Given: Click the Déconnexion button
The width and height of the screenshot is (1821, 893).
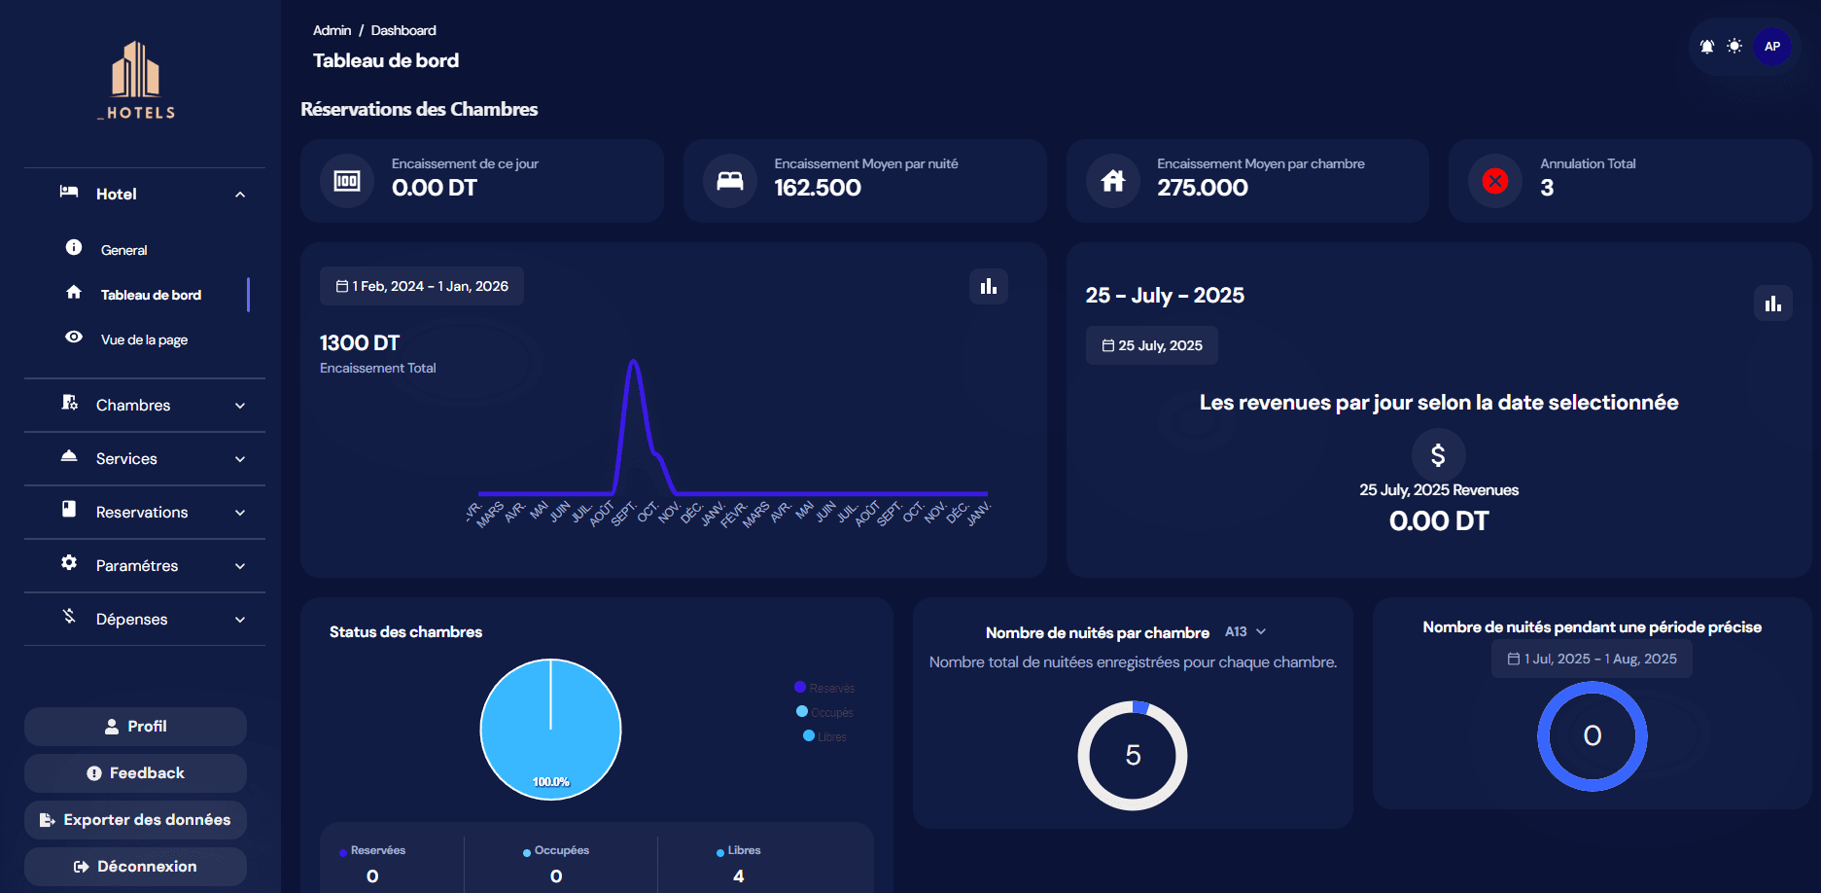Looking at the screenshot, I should pyautogui.click(x=135, y=866).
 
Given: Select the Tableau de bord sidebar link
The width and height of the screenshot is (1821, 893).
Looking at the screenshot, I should pyautogui.click(x=151, y=295).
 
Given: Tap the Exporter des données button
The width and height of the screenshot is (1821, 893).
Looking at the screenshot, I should pyautogui.click(x=135, y=819).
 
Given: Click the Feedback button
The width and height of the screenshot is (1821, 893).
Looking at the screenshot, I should pyautogui.click(x=135, y=772).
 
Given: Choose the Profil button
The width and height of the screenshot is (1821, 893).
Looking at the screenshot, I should pyautogui.click(x=135, y=726).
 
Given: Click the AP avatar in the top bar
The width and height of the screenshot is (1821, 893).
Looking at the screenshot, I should pyautogui.click(x=1771, y=46).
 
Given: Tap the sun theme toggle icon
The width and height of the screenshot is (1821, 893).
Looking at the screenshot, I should pyautogui.click(x=1734, y=46).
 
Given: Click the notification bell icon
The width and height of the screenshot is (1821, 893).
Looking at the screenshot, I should pyautogui.click(x=1707, y=46).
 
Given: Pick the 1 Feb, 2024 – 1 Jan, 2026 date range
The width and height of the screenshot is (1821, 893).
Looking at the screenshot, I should pyautogui.click(x=422, y=286).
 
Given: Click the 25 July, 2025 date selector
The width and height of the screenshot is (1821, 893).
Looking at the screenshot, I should pyautogui.click(x=1152, y=345).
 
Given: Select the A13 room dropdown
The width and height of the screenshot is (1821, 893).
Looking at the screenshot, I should pyautogui.click(x=1245, y=631).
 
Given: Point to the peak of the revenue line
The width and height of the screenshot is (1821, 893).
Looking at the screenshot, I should pyautogui.click(x=634, y=362).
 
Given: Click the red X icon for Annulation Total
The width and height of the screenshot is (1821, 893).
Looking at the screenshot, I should pyautogui.click(x=1495, y=181).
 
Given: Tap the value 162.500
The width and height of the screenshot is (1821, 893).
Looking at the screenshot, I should pyautogui.click(x=818, y=188).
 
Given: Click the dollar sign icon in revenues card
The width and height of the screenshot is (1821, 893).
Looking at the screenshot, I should pyautogui.click(x=1438, y=454).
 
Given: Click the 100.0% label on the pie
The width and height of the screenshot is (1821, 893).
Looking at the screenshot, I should pyautogui.click(x=551, y=781).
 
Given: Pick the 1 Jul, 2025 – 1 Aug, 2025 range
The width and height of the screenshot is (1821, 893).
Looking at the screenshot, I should pyautogui.click(x=1592, y=659).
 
